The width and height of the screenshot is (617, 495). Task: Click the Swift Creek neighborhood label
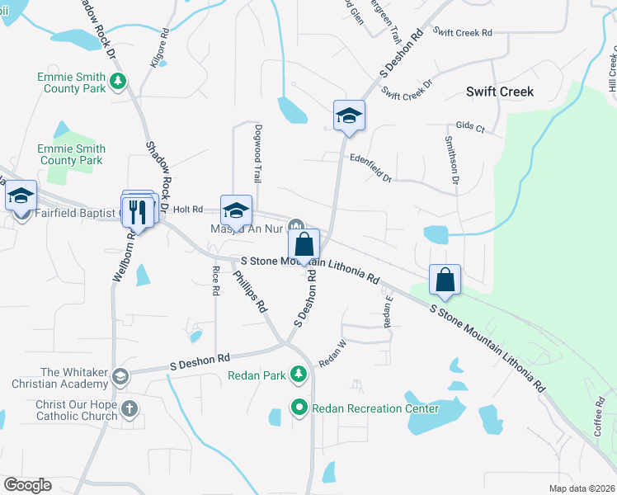point(499,92)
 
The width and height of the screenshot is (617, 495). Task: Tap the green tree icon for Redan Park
point(299,376)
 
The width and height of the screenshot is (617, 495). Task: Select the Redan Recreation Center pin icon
point(299,408)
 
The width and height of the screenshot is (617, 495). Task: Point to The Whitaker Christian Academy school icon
point(120,377)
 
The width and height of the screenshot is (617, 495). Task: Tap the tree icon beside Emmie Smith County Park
point(120,81)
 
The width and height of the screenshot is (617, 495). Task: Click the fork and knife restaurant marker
point(138,212)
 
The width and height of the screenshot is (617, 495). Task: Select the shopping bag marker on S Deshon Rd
point(304,245)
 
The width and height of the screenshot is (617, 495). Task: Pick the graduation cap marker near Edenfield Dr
point(349,116)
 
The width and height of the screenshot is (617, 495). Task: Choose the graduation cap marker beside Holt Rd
point(236,210)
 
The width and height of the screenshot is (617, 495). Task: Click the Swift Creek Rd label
point(462,33)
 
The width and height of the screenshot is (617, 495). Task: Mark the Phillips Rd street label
point(250,291)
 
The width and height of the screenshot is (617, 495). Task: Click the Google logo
point(27,485)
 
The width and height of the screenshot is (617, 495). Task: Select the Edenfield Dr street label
point(370,166)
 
